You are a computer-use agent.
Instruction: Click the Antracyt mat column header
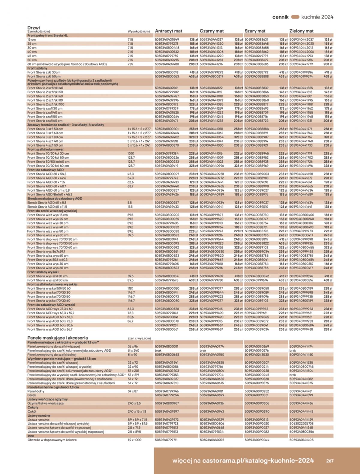[169, 31]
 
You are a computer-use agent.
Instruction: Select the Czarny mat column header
[211, 31]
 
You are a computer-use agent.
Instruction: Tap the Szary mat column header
[255, 31]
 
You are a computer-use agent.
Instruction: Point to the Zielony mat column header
[301, 31]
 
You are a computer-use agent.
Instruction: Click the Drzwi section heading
[34, 28]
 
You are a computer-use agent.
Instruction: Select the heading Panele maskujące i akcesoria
[58, 338]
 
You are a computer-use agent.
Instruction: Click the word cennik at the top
[280, 17]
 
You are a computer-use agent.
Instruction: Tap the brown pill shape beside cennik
[295, 17]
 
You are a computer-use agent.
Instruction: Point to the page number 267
[330, 461]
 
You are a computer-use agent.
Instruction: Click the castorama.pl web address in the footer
[258, 461]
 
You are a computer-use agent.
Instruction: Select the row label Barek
[31, 395]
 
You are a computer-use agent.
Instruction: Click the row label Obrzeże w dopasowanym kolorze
[52, 440]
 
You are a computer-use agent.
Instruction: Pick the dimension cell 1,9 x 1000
[134, 440]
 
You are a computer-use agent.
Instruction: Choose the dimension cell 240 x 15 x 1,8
[137, 411]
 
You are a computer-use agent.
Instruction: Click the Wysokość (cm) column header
[138, 31]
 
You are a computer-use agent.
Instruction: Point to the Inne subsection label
[31, 436]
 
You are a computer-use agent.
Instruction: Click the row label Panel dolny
[36, 391]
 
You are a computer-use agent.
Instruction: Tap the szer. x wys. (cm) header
[139, 338]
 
